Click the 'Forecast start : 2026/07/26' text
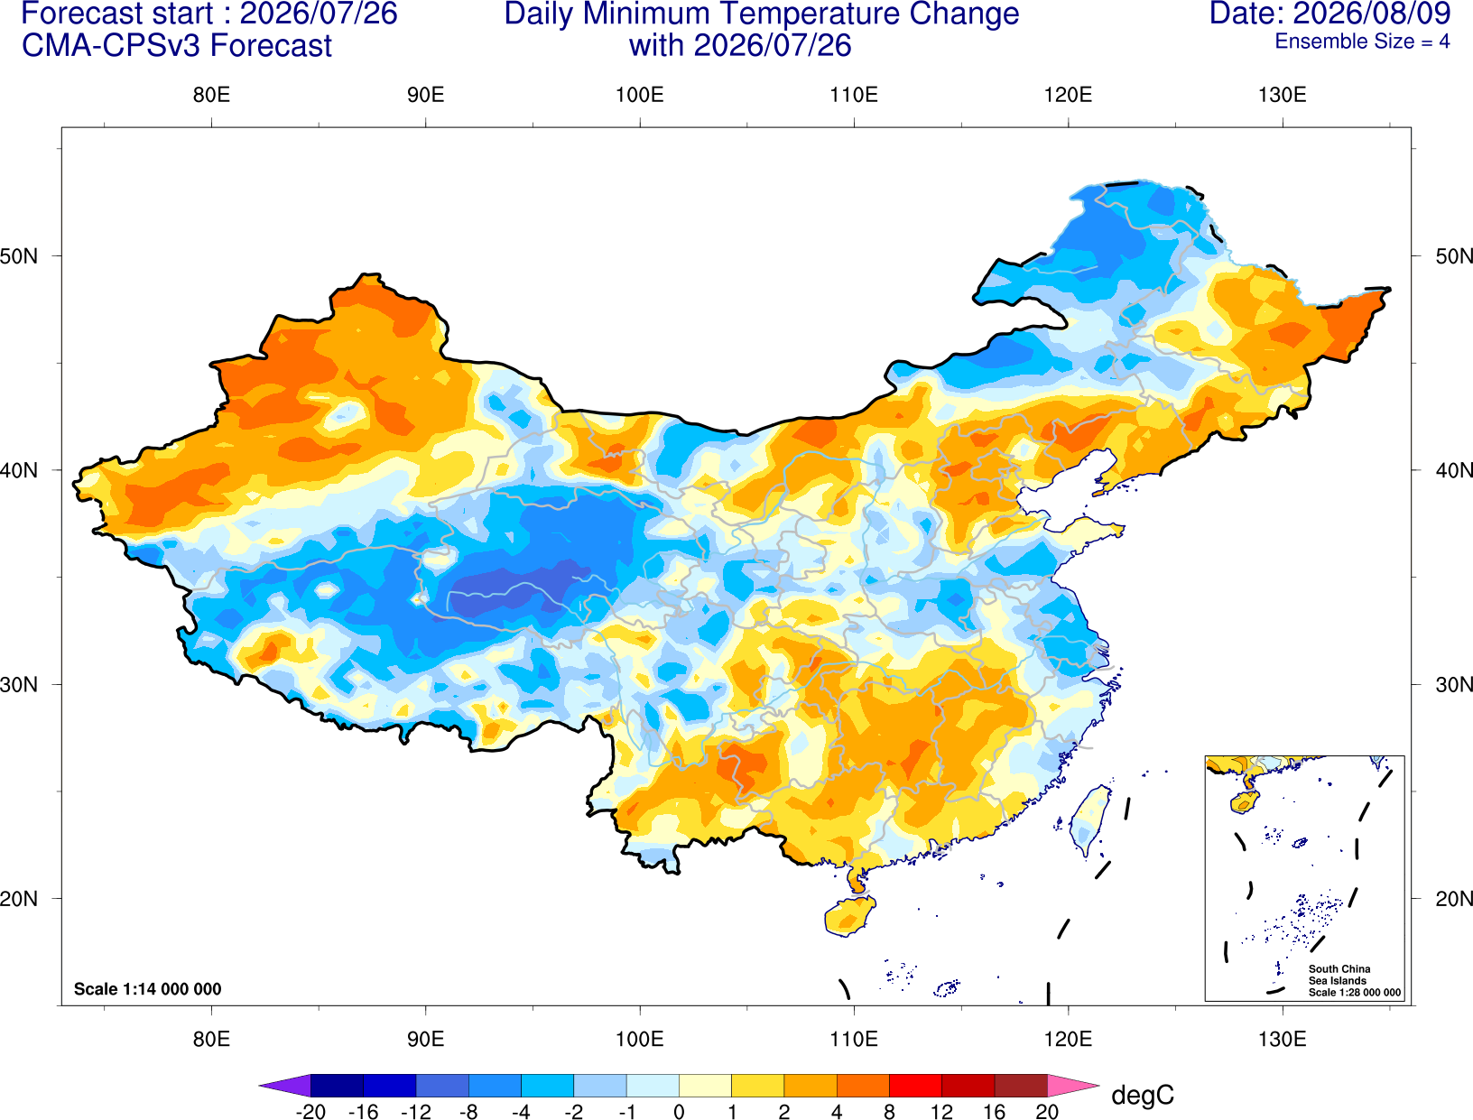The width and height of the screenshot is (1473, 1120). (209, 14)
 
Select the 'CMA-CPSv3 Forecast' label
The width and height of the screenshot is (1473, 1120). (177, 46)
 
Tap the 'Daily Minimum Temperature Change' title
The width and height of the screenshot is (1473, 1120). (762, 14)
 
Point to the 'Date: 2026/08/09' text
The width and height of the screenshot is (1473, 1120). (1330, 14)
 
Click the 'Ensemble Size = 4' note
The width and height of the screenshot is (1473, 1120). (1362, 42)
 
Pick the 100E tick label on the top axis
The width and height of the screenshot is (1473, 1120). (640, 95)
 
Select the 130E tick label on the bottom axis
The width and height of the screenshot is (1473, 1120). (1282, 1040)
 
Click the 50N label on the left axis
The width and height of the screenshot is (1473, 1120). (19, 255)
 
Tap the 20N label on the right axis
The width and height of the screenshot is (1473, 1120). (1454, 899)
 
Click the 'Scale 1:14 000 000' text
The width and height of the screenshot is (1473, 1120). (148, 989)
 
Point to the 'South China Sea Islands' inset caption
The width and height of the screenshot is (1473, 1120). (1339, 975)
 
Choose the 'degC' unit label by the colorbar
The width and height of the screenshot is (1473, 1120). (1142, 1095)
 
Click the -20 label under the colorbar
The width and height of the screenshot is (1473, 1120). (310, 1112)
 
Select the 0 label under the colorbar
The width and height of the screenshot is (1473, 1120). (679, 1112)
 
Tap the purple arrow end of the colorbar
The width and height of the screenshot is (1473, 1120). (285, 1085)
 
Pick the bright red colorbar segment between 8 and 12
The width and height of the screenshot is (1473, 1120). (915, 1085)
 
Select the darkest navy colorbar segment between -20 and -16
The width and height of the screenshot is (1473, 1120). (337, 1085)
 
